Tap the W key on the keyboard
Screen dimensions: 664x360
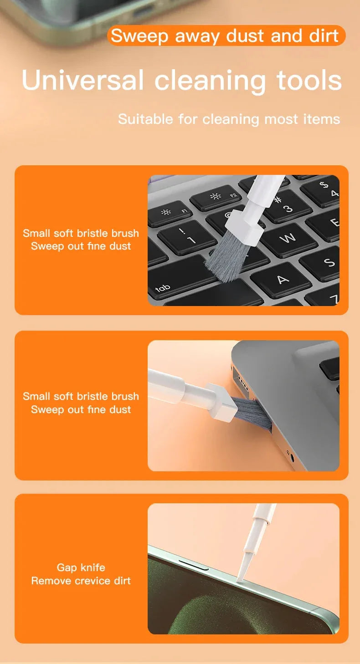tap(287, 238)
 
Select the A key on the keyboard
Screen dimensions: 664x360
tap(283, 279)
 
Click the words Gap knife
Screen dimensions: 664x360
tap(81, 567)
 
